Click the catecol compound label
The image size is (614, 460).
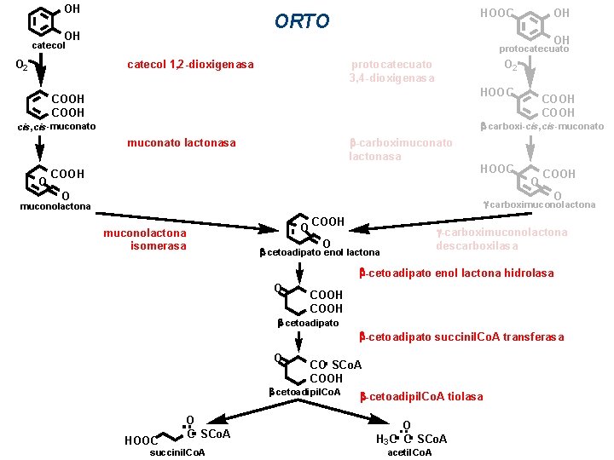(x=49, y=45)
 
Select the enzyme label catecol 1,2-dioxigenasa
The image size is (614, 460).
(x=190, y=65)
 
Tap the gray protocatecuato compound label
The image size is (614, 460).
(x=534, y=49)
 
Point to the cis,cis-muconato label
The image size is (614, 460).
(x=56, y=127)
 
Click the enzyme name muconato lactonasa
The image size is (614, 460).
(x=181, y=142)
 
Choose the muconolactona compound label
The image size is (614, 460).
(x=55, y=205)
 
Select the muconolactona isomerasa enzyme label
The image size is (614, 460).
(x=144, y=239)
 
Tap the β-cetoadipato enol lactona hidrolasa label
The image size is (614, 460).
(x=456, y=273)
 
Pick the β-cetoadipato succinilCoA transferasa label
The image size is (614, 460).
(x=461, y=336)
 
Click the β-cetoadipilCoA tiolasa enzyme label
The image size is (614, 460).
(x=421, y=396)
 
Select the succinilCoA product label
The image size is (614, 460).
(x=177, y=451)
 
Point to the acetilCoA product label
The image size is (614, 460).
(x=409, y=451)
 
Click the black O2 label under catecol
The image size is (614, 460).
(x=23, y=65)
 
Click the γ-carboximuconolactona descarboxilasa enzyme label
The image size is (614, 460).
(x=501, y=239)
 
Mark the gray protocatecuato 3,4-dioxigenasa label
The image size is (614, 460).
(x=391, y=72)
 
